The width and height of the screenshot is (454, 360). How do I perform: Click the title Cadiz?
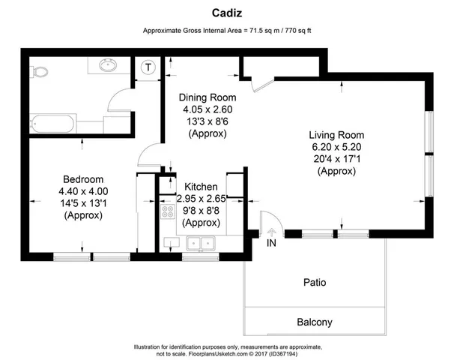tap(226, 13)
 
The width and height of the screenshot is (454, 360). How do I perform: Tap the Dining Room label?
tap(208, 97)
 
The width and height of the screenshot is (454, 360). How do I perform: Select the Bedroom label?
tap(82, 179)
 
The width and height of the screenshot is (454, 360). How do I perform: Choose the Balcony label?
tap(314, 322)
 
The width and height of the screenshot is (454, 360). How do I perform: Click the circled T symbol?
tap(149, 67)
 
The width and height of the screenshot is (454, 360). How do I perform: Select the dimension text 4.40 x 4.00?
tap(82, 191)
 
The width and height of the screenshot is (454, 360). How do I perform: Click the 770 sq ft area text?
tap(293, 31)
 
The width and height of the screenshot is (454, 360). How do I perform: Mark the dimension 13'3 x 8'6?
tap(208, 121)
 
